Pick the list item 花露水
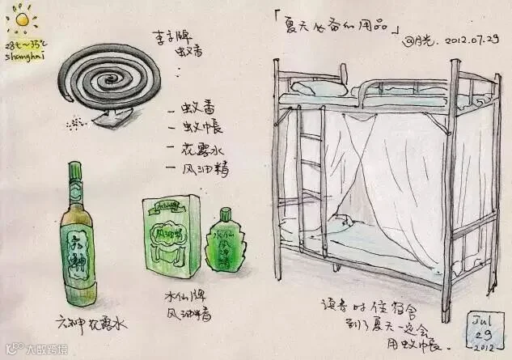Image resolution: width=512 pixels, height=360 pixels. [x=197, y=150]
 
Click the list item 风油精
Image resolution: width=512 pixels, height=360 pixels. [x=199, y=168]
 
